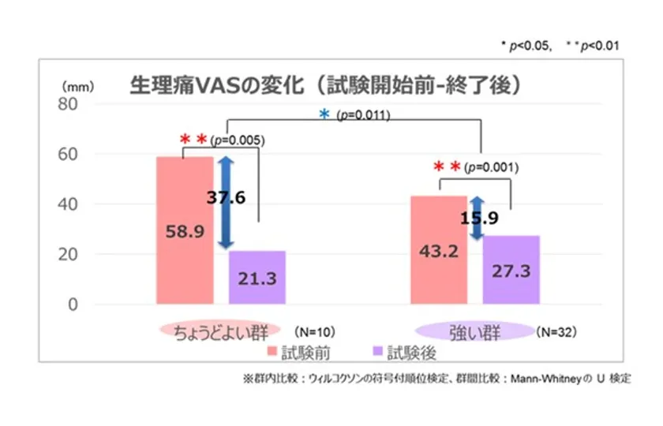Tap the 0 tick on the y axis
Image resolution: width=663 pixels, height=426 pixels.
click(76, 305)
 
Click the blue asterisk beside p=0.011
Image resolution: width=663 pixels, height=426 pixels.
click(324, 114)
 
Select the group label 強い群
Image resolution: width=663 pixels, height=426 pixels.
click(474, 330)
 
